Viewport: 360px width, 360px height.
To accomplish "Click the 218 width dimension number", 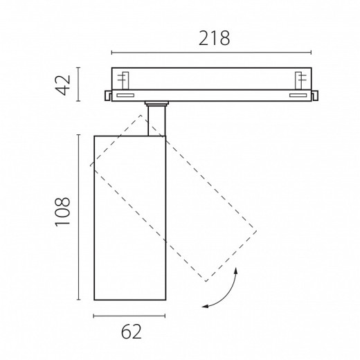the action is click(x=214, y=38).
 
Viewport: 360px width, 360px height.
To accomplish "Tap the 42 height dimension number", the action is click(x=62, y=84).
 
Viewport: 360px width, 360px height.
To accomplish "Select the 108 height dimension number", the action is click(x=62, y=212).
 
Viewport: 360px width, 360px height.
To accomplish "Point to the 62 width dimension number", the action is click(x=132, y=332).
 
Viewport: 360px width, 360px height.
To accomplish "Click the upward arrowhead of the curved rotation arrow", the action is click(x=236, y=271).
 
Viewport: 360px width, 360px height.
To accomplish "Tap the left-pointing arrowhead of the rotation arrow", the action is click(x=205, y=306).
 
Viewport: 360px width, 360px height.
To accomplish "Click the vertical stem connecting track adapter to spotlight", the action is click(x=156, y=120).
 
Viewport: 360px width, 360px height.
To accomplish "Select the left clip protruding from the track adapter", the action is click(x=108, y=96).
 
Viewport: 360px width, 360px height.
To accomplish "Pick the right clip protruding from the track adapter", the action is click(x=314, y=96).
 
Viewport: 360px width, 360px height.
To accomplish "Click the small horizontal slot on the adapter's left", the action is click(x=125, y=96).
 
